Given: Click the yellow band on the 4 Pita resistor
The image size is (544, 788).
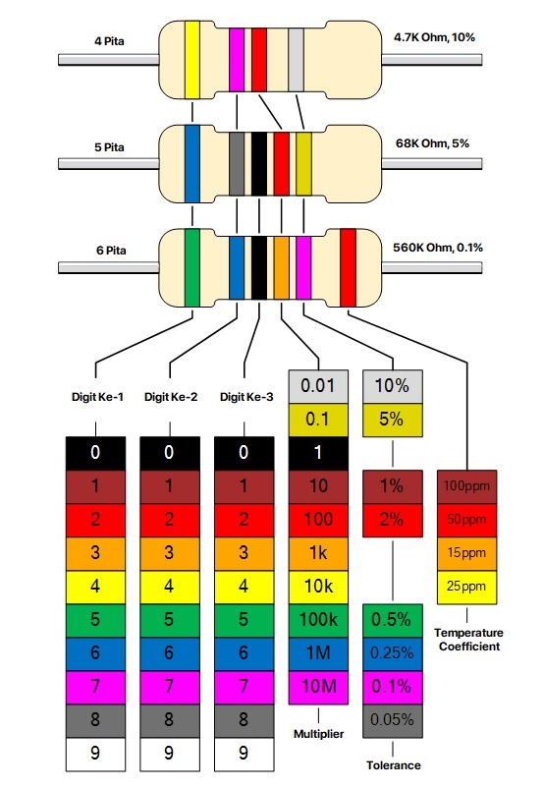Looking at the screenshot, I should pyautogui.click(x=192, y=60).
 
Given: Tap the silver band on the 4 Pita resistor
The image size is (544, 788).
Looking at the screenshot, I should pyautogui.click(x=296, y=60).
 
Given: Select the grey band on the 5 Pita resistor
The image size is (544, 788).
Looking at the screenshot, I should pyautogui.click(x=237, y=162).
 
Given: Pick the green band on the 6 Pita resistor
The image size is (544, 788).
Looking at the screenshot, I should pyautogui.click(x=192, y=265).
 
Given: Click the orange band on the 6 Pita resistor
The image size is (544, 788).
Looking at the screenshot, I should pyautogui.click(x=281, y=265).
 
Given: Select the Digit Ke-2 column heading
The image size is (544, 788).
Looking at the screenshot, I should pyautogui.click(x=170, y=398).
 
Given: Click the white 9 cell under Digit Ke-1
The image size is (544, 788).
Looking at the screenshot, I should pyautogui.click(x=95, y=754).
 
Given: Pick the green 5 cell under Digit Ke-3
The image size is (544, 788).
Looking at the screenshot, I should pyautogui.click(x=245, y=619).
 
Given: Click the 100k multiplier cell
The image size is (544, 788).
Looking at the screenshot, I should pyautogui.click(x=318, y=619).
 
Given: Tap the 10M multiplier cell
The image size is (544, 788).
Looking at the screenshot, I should pyautogui.click(x=318, y=686).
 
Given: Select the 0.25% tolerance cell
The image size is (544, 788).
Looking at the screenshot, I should pyautogui.click(x=393, y=652).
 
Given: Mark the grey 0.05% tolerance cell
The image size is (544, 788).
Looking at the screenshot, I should pyautogui.click(x=393, y=719).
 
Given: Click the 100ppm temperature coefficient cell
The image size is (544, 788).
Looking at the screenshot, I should pyautogui.click(x=467, y=486).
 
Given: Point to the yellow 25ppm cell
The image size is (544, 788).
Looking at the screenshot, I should pyautogui.click(x=467, y=587).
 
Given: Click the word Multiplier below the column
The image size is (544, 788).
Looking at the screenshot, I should pyautogui.click(x=318, y=733).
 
